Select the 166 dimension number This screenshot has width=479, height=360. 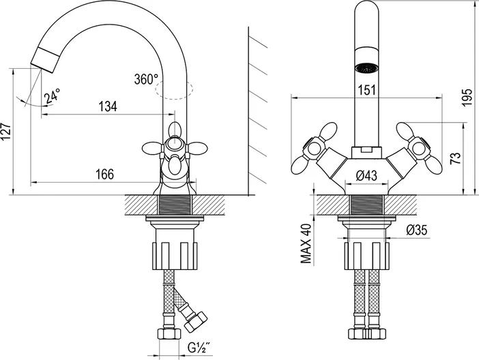pyautogui.click(x=104, y=174)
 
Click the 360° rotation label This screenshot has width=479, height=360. pyautogui.click(x=146, y=78)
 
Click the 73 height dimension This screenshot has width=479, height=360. pyautogui.click(x=456, y=159)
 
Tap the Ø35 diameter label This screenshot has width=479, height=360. pyautogui.click(x=416, y=230)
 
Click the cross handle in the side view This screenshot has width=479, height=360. pyautogui.click(x=175, y=147)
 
